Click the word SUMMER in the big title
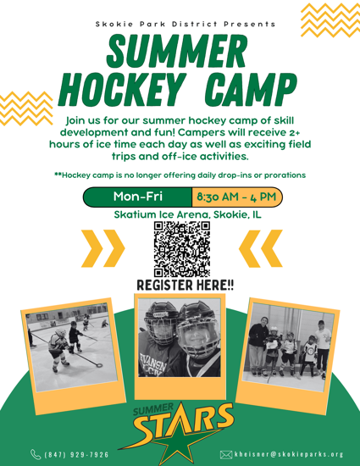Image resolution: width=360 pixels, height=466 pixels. click(x=177, y=52)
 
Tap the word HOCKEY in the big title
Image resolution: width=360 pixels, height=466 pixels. click(x=119, y=89)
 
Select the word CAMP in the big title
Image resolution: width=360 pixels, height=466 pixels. click(x=251, y=89)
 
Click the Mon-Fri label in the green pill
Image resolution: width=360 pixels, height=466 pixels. click(x=138, y=197)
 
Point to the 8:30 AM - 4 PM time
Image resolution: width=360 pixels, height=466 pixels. click(x=236, y=197)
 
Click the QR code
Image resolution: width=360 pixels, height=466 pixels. click(x=182, y=249)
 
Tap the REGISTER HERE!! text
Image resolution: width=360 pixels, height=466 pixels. click(x=185, y=285)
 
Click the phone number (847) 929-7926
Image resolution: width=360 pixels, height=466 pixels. click(x=76, y=455)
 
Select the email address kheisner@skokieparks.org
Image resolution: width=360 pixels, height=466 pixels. click(x=289, y=454)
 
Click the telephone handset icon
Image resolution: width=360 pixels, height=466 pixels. click(x=36, y=454)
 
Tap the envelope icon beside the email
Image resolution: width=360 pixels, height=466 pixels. click(x=226, y=455)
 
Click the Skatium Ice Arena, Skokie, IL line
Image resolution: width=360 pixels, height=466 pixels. click(x=188, y=214)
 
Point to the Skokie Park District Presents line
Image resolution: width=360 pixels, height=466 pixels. click(x=186, y=24)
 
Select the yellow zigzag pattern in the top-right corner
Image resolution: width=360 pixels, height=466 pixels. click(x=330, y=20)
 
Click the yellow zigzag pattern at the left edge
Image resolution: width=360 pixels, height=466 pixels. click(x=26, y=108)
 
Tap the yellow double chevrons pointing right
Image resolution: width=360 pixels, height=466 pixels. click(x=103, y=248)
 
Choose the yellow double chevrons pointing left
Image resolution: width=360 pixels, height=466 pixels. click(x=261, y=248)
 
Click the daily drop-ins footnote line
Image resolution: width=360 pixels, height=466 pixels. click(x=180, y=175)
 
